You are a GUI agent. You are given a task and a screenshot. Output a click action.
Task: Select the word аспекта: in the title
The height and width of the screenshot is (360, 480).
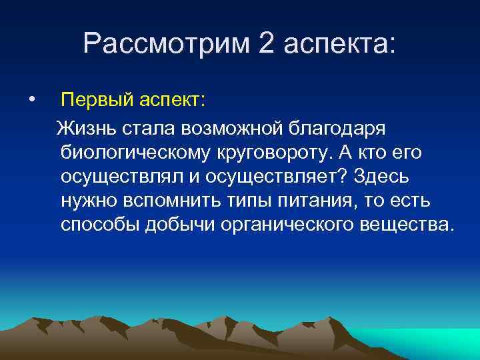pos(339,44)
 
